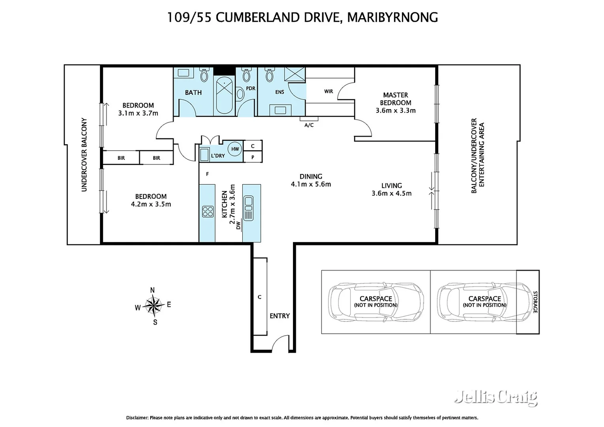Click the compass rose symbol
[x=154, y=305]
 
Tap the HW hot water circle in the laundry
[x=235, y=149]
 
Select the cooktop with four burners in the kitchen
[x=208, y=212]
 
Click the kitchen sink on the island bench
[x=248, y=208]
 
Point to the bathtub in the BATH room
[x=225, y=95]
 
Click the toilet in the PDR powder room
[x=246, y=74]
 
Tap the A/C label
[x=309, y=125]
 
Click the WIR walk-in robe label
[x=328, y=91]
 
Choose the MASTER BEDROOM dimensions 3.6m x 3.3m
[x=396, y=110]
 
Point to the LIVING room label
[x=391, y=185]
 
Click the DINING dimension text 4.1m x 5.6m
[x=311, y=184]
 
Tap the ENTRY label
[x=279, y=316]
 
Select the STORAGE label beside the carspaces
[x=535, y=302]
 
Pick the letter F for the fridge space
[x=208, y=174]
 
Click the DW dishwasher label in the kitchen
[x=238, y=225]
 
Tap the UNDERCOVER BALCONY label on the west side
[x=84, y=155]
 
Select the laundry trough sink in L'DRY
[x=204, y=155]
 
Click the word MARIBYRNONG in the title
[x=393, y=17]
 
